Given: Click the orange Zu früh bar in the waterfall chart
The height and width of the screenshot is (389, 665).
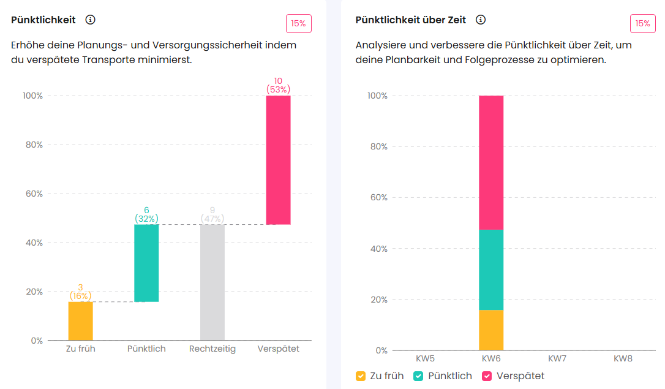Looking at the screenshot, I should point(80,321).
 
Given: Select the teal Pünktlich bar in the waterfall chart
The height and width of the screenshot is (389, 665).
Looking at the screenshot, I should point(146,263).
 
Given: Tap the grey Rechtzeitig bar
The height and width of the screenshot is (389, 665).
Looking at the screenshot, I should point(212,282).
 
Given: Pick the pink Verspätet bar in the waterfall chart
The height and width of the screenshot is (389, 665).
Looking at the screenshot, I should point(278,160).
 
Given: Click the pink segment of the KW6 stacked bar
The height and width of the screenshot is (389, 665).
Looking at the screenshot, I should point(491,162).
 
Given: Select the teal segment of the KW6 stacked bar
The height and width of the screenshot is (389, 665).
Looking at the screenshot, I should point(491,270).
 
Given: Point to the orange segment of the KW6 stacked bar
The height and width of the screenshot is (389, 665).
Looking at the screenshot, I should point(491,330).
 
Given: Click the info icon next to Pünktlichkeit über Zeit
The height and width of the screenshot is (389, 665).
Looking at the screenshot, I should point(481,20).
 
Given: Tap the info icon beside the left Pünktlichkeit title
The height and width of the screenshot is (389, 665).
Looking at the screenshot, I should point(91,20).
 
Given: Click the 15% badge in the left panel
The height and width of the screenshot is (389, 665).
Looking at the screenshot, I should point(299,24).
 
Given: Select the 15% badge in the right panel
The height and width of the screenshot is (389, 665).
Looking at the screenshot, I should point(643,24).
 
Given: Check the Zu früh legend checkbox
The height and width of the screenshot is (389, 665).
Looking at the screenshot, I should point(361,376).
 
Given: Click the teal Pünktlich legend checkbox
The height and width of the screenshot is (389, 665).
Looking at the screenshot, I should point(419,376).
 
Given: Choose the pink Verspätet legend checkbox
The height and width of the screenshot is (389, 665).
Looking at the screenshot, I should point(487,376).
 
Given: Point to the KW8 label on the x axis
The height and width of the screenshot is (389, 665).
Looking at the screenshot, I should point(623,358).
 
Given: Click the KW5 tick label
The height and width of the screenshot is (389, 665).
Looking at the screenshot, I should point(425,358).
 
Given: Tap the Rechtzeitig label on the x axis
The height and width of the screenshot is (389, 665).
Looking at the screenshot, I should point(212,349).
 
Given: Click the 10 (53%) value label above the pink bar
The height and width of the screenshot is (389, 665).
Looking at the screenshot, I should point(278,85).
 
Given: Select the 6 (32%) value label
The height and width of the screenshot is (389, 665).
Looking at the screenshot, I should point(146,214).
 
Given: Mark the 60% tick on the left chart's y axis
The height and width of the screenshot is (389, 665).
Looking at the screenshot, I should point(33,194).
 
